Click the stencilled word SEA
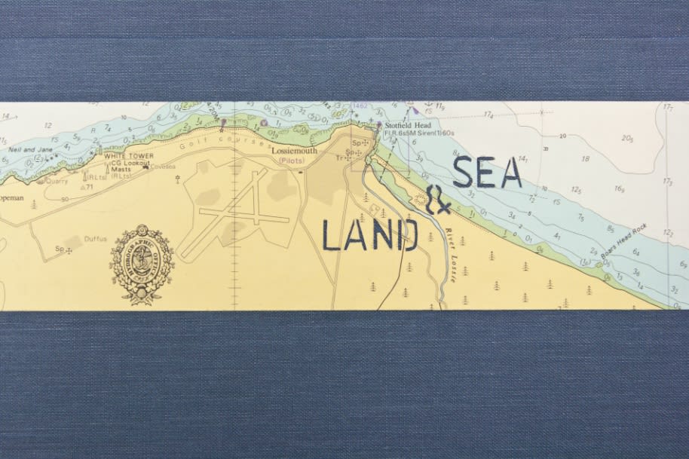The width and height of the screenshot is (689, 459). pyautogui.click(x=488, y=173)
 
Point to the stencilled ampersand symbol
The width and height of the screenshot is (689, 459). pyautogui.click(x=438, y=199)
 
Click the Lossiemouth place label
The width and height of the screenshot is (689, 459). pyautogui.click(x=295, y=151)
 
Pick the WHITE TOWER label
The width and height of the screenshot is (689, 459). pyautogui.click(x=129, y=156)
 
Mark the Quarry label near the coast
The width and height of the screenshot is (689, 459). pyautogui.click(x=56, y=181)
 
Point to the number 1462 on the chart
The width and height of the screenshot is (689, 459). pyautogui.click(x=360, y=107)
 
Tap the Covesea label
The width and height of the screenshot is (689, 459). pyautogui.click(x=161, y=167)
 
